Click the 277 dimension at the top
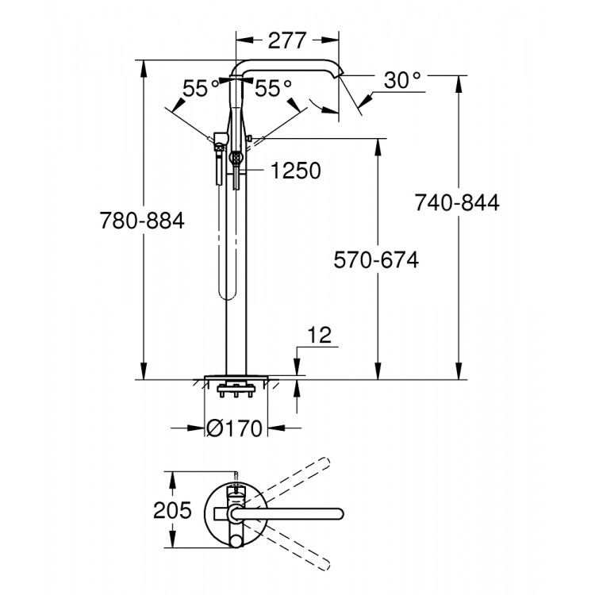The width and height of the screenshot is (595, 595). (x=288, y=41)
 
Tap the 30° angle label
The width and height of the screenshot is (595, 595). (x=401, y=80)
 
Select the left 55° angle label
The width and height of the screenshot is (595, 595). (x=200, y=88)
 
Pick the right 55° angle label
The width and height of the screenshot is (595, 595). (x=274, y=88)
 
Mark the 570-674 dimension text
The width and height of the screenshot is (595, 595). (x=375, y=259)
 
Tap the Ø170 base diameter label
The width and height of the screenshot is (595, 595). (x=234, y=429)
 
